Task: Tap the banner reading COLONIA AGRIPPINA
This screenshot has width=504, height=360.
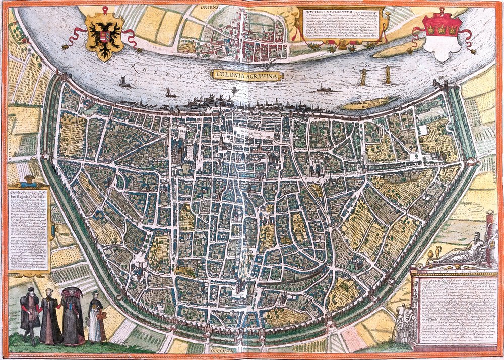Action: tap(246, 74)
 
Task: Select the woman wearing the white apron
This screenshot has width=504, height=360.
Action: tap(95, 320)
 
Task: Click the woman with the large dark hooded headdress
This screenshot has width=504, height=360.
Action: tap(73, 315)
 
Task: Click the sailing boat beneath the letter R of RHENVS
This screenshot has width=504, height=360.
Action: tap(123, 82)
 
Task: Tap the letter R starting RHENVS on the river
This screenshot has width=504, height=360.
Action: tap(132, 65)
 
